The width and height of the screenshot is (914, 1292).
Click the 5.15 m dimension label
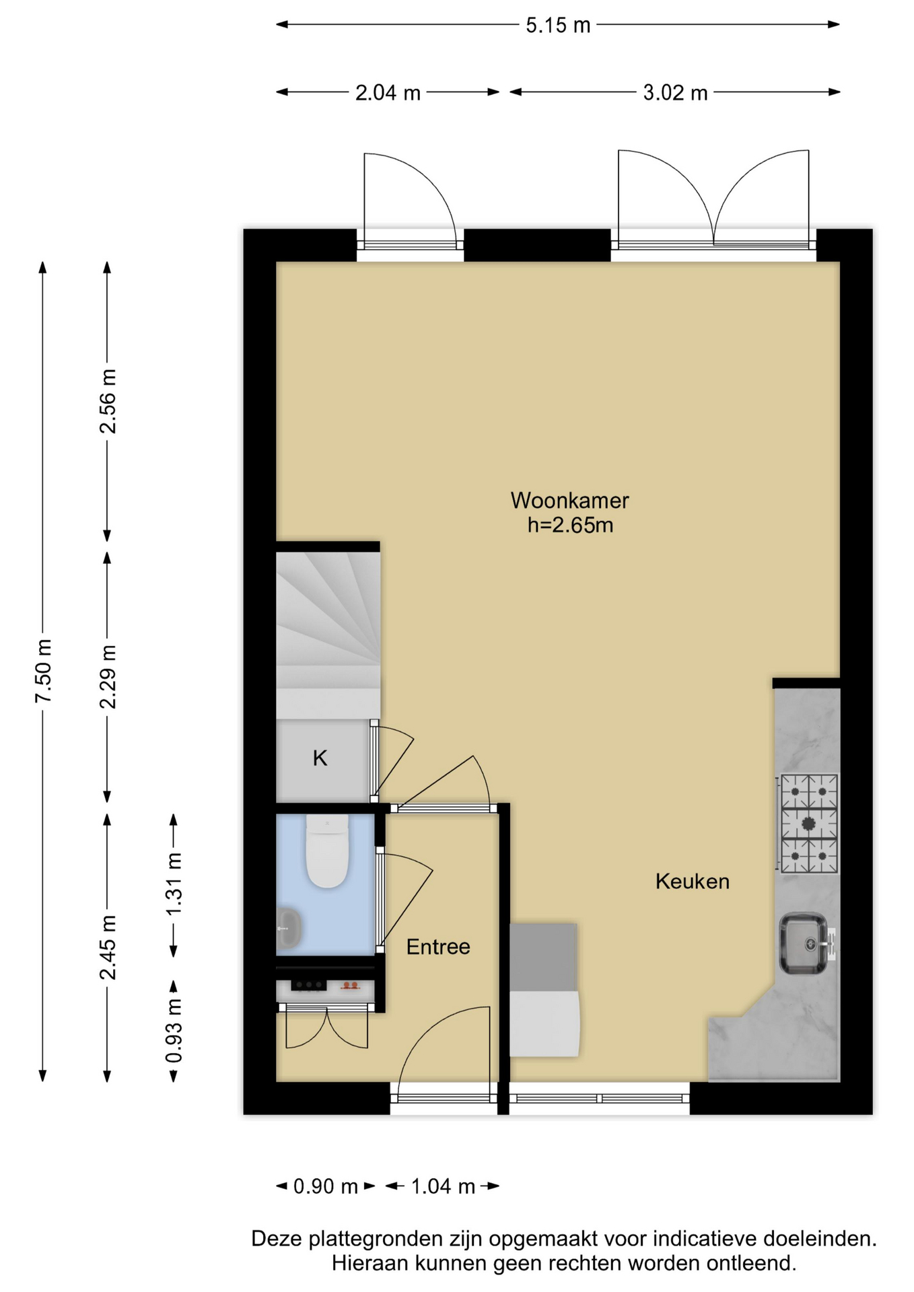558,26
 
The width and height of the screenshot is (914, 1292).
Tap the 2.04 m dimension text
388,93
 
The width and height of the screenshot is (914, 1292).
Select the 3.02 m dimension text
675,93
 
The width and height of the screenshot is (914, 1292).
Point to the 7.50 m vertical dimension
43,671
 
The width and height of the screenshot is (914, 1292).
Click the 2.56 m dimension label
108,401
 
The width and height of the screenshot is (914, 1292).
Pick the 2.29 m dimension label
108,676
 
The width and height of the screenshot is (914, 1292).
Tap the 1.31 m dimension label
174,884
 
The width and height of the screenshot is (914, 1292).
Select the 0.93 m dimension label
174,1031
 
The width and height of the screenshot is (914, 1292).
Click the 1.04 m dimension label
443,1186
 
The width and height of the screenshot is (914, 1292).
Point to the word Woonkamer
569,501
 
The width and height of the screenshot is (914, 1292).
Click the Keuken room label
693,882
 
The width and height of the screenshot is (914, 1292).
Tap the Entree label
438,947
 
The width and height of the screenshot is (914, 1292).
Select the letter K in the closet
320,758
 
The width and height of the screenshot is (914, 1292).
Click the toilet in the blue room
327,851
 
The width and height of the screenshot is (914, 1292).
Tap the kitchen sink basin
804,943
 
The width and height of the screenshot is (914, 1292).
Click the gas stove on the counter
808,824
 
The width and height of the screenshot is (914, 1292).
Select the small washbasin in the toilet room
288,928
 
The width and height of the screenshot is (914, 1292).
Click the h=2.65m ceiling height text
570,525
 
